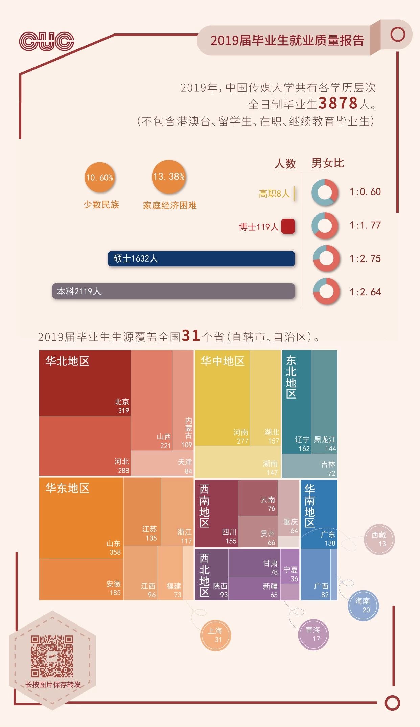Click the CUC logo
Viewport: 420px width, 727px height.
pos(47,41)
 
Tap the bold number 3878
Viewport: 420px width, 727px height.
pos(338,103)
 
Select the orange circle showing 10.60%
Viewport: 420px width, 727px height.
pos(100,177)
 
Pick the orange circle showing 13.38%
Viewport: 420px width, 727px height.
pos(169,177)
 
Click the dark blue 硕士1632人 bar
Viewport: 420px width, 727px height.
pos(201,259)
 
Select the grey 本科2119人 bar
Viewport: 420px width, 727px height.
pos(173,291)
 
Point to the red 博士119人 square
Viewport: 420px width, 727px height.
pos(288,226)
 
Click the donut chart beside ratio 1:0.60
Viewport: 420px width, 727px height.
pos(325,192)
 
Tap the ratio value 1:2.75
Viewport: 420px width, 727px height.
pos(365,259)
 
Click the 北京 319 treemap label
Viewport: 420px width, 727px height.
pos(122,406)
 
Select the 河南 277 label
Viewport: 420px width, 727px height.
pos(241,437)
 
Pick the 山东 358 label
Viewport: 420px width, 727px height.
pos(114,548)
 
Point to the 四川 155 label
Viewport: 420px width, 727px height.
pos(229,537)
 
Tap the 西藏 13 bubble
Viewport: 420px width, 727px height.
pos(379,539)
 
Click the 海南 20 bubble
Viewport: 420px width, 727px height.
pos(363,605)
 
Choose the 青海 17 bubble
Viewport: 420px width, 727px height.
pos(313,634)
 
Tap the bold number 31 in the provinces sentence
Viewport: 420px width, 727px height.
pos(191,336)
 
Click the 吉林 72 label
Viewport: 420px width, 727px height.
pos(328,469)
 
